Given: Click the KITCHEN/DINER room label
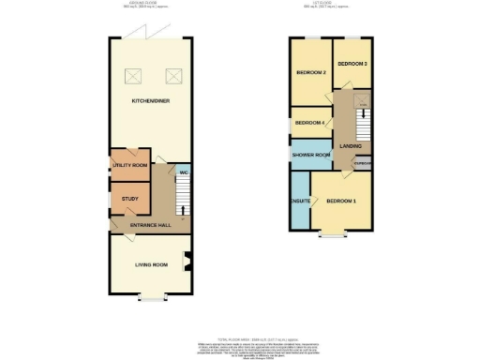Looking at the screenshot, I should (x=151, y=98).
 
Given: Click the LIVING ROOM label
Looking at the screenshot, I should (x=150, y=265).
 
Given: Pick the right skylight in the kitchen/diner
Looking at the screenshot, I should (x=172, y=75).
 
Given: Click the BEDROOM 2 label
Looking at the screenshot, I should (x=310, y=73).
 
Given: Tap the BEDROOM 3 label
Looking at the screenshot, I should (x=352, y=64).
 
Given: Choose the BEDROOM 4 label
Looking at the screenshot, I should (x=309, y=123).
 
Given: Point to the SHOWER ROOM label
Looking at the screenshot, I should (x=310, y=155).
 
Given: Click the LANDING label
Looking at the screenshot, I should (x=352, y=146).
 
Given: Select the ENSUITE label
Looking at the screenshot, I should (x=301, y=201).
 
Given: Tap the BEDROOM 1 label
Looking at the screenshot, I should (x=341, y=201).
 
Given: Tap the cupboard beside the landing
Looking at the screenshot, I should (x=362, y=164).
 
